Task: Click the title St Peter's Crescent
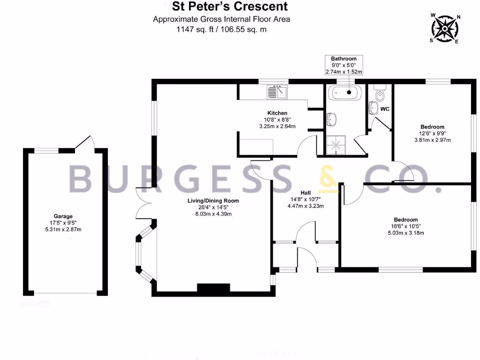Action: click(x=230, y=7)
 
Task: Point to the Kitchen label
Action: click(x=277, y=113)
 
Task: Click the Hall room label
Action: click(x=306, y=193)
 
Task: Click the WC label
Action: click(x=385, y=109)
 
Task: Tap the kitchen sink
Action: click(x=277, y=92)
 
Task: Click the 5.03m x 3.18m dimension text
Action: click(x=405, y=232)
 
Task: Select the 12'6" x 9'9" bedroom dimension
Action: click(x=432, y=133)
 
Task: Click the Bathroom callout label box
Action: click(x=344, y=65)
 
